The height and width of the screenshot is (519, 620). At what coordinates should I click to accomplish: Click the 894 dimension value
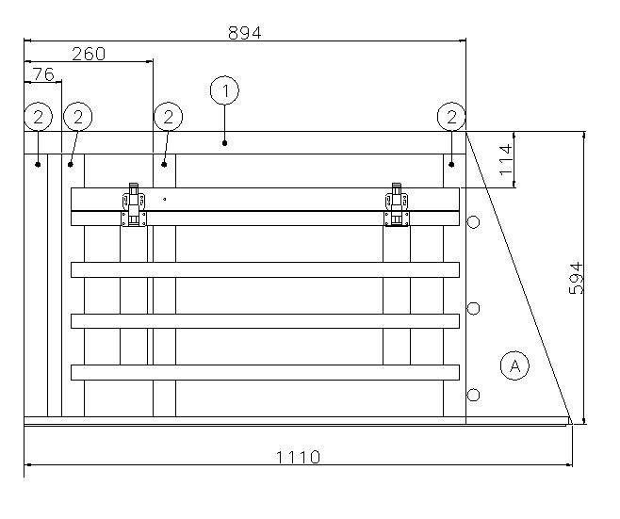tap(244, 31)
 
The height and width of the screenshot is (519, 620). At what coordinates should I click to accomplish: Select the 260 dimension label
tap(88, 54)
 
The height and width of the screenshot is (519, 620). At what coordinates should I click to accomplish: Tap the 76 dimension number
tap(42, 73)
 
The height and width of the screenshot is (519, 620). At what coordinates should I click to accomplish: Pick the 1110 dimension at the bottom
tap(298, 458)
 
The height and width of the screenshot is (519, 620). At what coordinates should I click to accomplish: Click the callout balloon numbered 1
tap(224, 91)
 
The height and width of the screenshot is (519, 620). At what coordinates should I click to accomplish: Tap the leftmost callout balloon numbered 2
tap(38, 117)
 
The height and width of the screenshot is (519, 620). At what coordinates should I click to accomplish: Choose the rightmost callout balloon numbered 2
tap(452, 117)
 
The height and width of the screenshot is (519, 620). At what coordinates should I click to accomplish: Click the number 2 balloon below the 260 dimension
tap(167, 117)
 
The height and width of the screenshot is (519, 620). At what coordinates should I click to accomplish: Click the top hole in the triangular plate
tap(474, 222)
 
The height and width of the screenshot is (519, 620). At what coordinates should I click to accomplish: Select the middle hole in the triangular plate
tap(474, 308)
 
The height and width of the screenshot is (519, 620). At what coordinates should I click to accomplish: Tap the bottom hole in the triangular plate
tap(474, 394)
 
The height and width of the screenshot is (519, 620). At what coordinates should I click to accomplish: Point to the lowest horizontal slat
tap(265, 372)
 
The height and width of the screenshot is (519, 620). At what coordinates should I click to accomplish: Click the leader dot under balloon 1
tap(225, 143)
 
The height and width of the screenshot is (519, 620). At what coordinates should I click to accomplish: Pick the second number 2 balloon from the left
tap(77, 117)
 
